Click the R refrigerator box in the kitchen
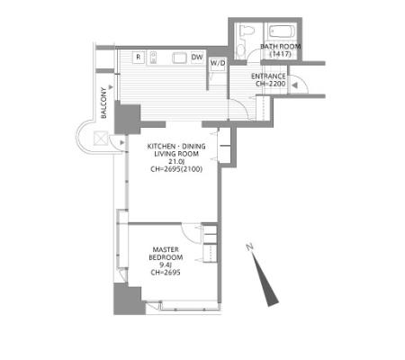point(139,58)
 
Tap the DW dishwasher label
point(197,57)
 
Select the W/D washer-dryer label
point(218,63)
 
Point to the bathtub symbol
point(282,31)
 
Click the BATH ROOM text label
point(281,47)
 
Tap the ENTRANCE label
point(268,76)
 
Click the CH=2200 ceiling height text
point(271,84)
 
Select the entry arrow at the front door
point(294,85)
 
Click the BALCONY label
point(103,103)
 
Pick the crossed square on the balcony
point(101,139)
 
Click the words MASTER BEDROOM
point(166,254)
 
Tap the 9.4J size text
point(166,265)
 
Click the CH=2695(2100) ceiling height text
point(176,169)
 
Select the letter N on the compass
point(249,247)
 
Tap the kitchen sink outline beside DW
point(179,58)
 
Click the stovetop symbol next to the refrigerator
point(153,58)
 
